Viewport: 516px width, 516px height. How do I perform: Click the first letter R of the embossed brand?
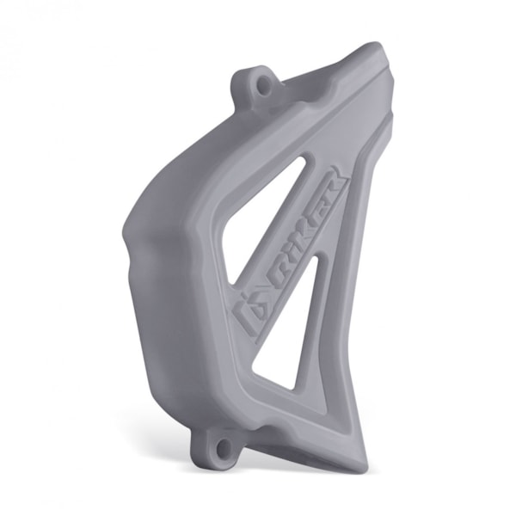273,276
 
